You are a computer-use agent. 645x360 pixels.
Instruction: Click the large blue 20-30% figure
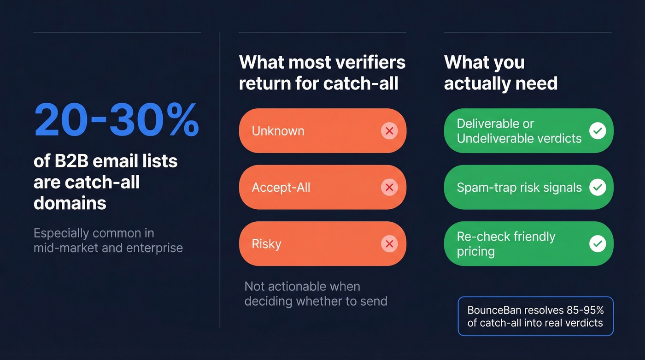pos(116,121)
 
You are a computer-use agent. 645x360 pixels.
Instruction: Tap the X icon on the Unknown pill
pos(389,131)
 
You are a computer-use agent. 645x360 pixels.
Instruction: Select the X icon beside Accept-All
pos(389,187)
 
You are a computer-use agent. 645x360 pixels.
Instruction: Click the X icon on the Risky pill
pos(389,244)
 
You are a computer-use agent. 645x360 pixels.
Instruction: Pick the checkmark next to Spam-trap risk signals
pos(598,187)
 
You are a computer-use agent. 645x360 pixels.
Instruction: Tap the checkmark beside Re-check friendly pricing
pos(598,244)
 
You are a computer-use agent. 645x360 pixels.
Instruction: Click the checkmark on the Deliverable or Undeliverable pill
pos(598,131)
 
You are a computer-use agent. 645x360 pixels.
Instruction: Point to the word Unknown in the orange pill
pos(278,131)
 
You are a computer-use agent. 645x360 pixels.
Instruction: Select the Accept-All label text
pos(281,188)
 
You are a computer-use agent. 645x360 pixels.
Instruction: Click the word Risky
pos(266,244)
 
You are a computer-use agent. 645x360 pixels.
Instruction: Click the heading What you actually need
pos(500,73)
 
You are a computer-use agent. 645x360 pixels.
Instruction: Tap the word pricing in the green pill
pos(475,252)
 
